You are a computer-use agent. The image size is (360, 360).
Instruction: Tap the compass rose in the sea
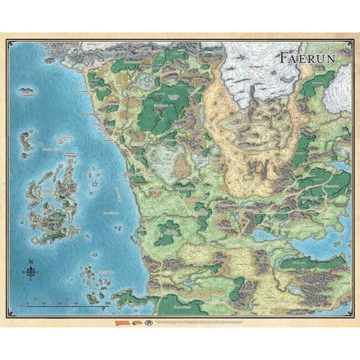pos(31,272)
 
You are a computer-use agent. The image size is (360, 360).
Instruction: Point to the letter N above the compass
pos(31,261)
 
